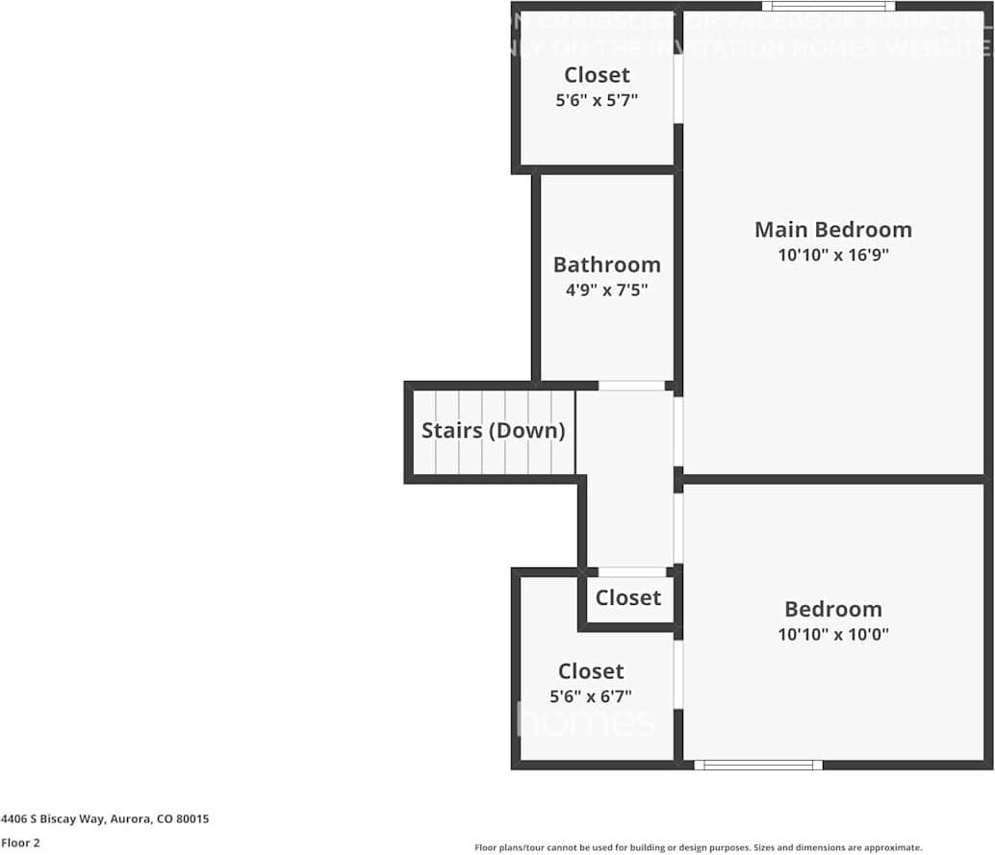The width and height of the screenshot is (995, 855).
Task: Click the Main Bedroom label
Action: [x=832, y=230]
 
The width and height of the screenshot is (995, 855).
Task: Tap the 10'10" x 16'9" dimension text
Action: [x=832, y=256]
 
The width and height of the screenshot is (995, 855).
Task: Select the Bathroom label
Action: [x=606, y=264]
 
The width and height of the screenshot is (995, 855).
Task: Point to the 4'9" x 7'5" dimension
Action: [x=606, y=289]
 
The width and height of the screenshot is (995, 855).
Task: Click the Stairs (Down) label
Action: [x=493, y=430]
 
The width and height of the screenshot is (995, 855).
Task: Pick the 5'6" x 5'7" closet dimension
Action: [x=597, y=99]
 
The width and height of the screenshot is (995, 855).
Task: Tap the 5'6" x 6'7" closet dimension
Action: [x=591, y=696]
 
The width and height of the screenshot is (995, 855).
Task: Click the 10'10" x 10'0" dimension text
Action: [x=832, y=635]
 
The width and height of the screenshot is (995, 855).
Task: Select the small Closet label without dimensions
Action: [x=627, y=597]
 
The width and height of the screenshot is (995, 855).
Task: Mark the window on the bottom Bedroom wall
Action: [x=758, y=766]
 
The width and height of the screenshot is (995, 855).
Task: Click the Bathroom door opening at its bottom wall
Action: [x=631, y=386]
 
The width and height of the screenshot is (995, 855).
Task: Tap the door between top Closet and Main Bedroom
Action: [x=677, y=88]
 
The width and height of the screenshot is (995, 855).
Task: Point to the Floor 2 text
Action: [x=20, y=842]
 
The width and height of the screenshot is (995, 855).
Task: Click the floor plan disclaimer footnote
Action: [x=698, y=847]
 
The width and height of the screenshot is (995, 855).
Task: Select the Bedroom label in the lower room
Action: [x=832, y=609]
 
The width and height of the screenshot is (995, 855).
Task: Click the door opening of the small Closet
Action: [x=631, y=572]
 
